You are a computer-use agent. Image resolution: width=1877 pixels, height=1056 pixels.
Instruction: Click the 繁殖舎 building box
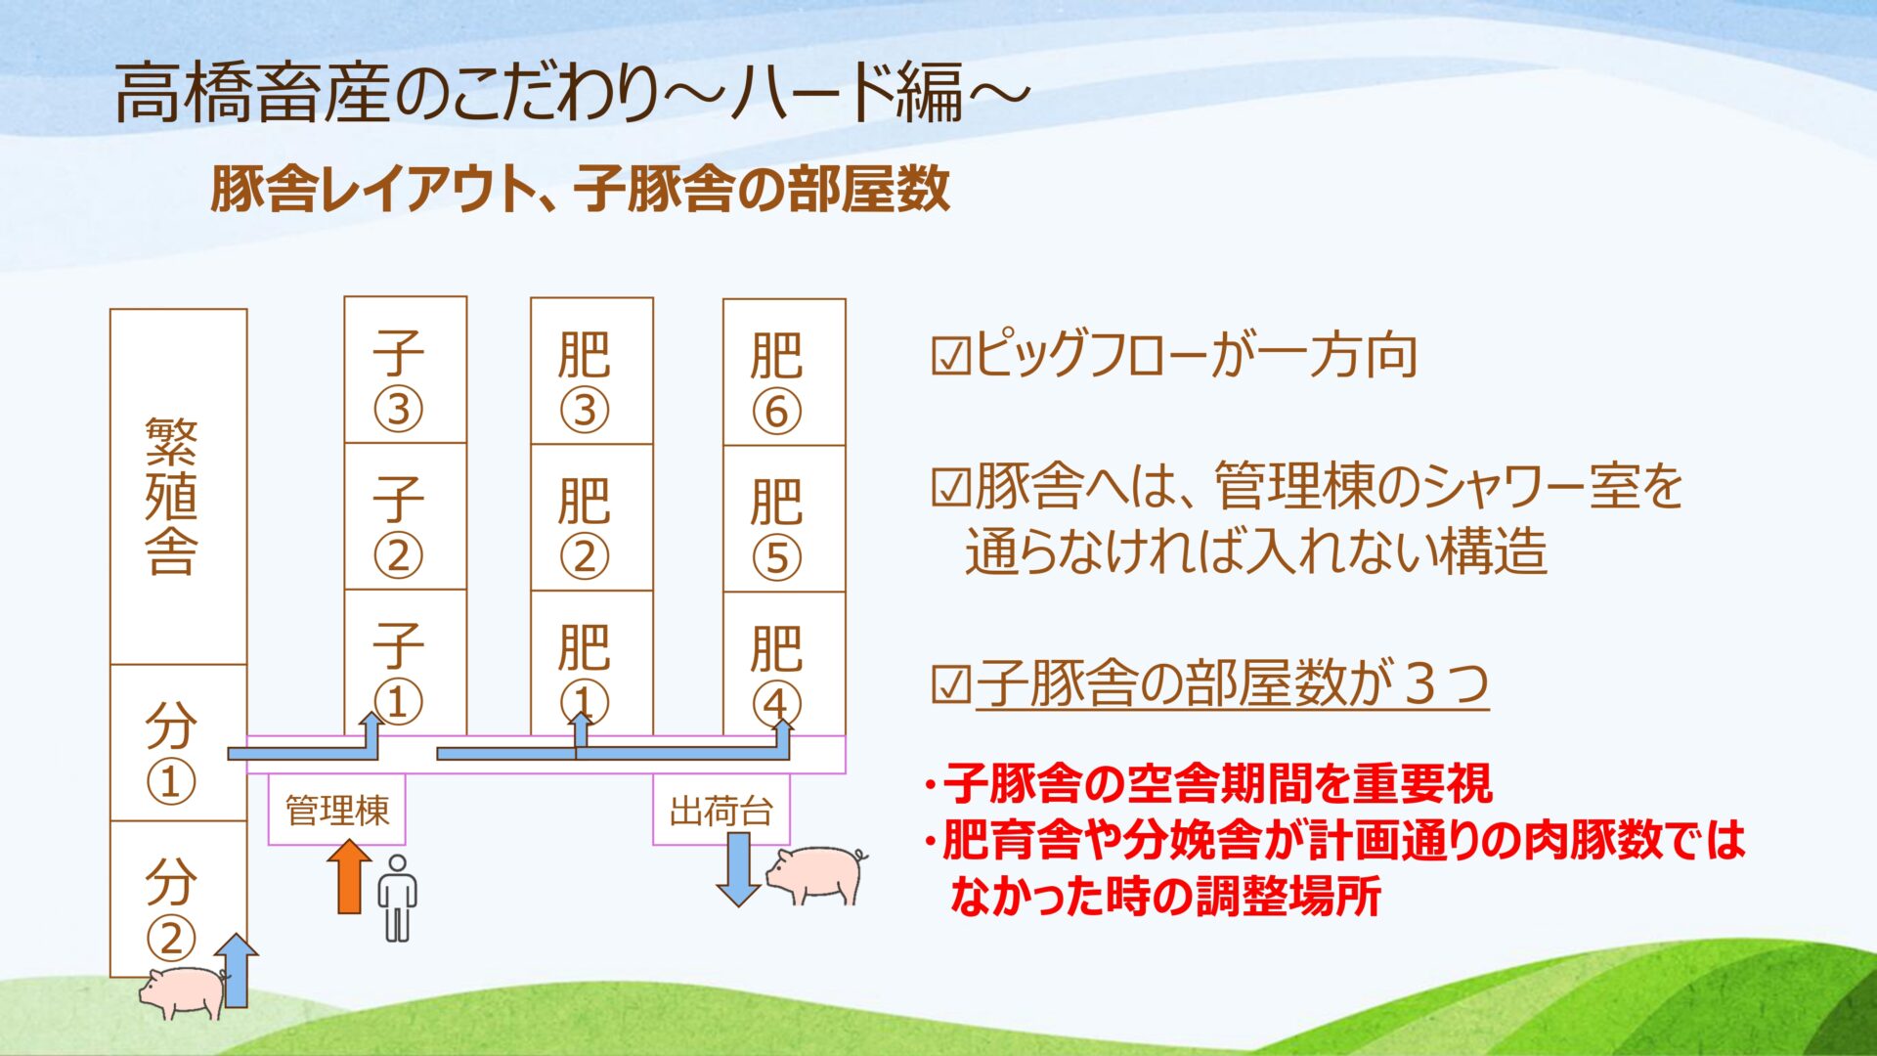tap(178, 487)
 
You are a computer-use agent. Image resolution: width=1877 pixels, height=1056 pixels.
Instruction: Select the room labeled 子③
tap(406, 370)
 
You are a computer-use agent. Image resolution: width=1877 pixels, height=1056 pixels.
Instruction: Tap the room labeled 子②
tap(406, 516)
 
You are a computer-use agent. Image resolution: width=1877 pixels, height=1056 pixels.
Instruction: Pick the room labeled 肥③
tap(591, 371)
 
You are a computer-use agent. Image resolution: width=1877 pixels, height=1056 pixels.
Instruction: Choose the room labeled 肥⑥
tap(784, 372)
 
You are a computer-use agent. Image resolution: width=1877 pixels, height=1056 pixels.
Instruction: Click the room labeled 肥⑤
tap(784, 518)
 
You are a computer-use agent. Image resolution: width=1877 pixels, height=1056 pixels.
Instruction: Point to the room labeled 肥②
tap(591, 517)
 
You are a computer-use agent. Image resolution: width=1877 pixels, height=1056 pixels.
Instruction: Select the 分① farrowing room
tap(178, 743)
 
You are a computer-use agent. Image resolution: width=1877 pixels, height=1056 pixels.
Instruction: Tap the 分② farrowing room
tap(178, 899)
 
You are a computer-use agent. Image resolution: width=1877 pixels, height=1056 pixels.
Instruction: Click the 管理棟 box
tap(336, 810)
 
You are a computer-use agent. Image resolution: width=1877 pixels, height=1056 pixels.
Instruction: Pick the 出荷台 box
tap(721, 810)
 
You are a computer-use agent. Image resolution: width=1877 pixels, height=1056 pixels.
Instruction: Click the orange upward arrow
tap(348, 877)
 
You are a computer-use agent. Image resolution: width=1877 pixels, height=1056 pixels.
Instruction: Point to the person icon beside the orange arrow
tap(397, 899)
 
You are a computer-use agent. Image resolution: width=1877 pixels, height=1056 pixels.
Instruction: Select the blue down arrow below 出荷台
tap(738, 869)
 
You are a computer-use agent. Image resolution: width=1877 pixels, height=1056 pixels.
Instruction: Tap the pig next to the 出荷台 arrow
tap(816, 874)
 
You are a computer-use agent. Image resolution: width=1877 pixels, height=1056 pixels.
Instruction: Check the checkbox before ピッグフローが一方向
tap(949, 357)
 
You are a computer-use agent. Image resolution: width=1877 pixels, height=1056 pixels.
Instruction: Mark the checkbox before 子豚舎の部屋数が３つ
tap(949, 684)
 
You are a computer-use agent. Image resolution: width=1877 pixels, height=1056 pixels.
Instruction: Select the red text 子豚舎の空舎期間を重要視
tap(1218, 782)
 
